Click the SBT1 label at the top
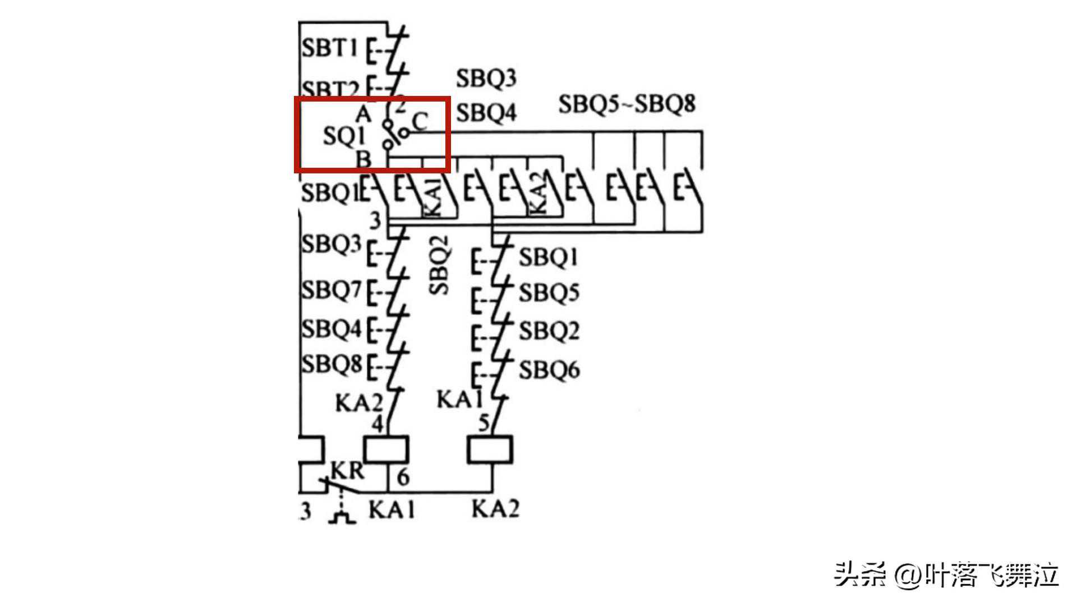coord(329,48)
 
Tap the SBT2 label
coord(329,89)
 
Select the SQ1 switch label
coord(344,136)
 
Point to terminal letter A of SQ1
coord(363,114)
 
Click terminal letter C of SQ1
coord(420,121)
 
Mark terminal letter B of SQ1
coord(363,159)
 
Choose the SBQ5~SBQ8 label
coord(627,104)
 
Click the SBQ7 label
coord(331,290)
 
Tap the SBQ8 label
coord(331,364)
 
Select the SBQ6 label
coord(549,370)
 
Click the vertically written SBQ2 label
coord(439,265)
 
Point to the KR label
coord(347,471)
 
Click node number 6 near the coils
coord(403,477)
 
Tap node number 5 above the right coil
coord(484,422)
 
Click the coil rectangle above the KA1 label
coord(386,450)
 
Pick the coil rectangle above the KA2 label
coord(490,450)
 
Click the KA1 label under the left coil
coord(392,509)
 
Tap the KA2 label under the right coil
coord(495,508)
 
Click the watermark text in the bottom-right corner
coord(946,575)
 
